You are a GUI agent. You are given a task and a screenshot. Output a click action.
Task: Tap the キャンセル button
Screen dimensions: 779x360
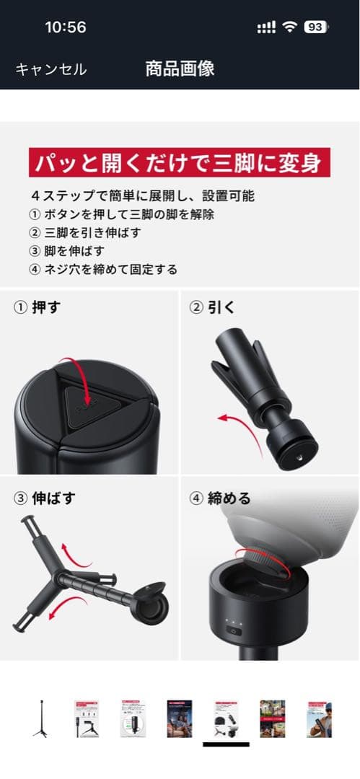click(x=51, y=69)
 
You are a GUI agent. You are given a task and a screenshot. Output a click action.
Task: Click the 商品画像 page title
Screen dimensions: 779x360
click(x=180, y=69)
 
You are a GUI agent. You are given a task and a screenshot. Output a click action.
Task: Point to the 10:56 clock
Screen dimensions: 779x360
click(x=65, y=27)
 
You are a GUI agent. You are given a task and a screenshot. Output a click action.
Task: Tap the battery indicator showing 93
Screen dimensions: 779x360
click(x=315, y=27)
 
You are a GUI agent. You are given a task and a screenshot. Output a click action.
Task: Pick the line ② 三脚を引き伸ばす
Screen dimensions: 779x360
click(x=86, y=232)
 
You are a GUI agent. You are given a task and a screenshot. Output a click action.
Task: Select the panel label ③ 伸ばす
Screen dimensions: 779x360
click(x=45, y=498)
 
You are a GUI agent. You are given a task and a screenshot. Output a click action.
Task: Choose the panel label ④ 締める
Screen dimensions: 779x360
click(x=220, y=498)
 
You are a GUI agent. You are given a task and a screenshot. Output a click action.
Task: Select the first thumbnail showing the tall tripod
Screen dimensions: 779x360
click(x=40, y=718)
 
